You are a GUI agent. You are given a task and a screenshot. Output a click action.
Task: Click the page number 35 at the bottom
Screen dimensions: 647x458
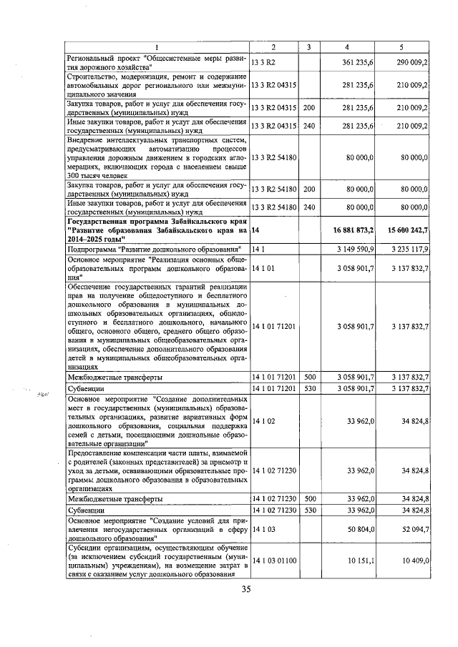coord(245,589)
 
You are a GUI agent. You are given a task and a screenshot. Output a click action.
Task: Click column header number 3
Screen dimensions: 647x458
coord(308,47)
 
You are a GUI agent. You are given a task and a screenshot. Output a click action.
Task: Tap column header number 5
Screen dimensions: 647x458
coord(402,47)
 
